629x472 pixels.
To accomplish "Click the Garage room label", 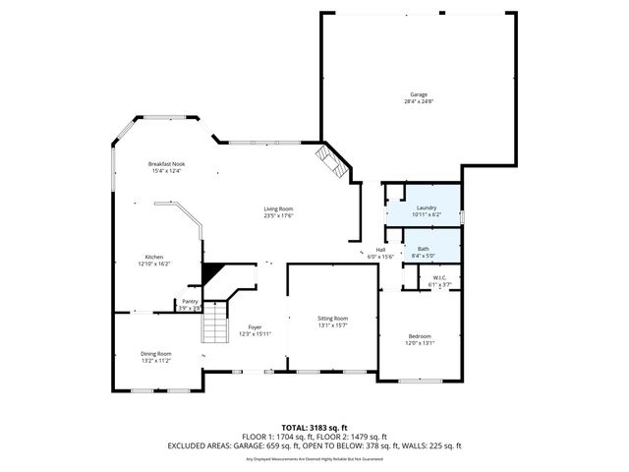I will coord(420,94).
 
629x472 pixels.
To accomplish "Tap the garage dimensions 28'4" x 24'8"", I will coord(420,101).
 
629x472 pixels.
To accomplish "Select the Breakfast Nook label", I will coord(167,164).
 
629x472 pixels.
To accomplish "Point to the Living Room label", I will coord(278,208).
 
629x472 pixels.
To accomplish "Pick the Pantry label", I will coord(190,302).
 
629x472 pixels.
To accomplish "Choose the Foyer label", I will coord(255,327).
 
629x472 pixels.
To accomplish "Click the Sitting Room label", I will coord(332,319).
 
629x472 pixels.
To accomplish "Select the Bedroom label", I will coord(420,336).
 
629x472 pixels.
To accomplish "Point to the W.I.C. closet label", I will coord(440,277).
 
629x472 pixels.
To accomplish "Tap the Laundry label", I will coord(427,207).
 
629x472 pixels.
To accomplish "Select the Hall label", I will coord(380,250).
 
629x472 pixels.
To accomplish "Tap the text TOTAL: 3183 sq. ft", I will coord(314,428).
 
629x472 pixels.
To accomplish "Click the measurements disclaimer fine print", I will coord(314,458).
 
